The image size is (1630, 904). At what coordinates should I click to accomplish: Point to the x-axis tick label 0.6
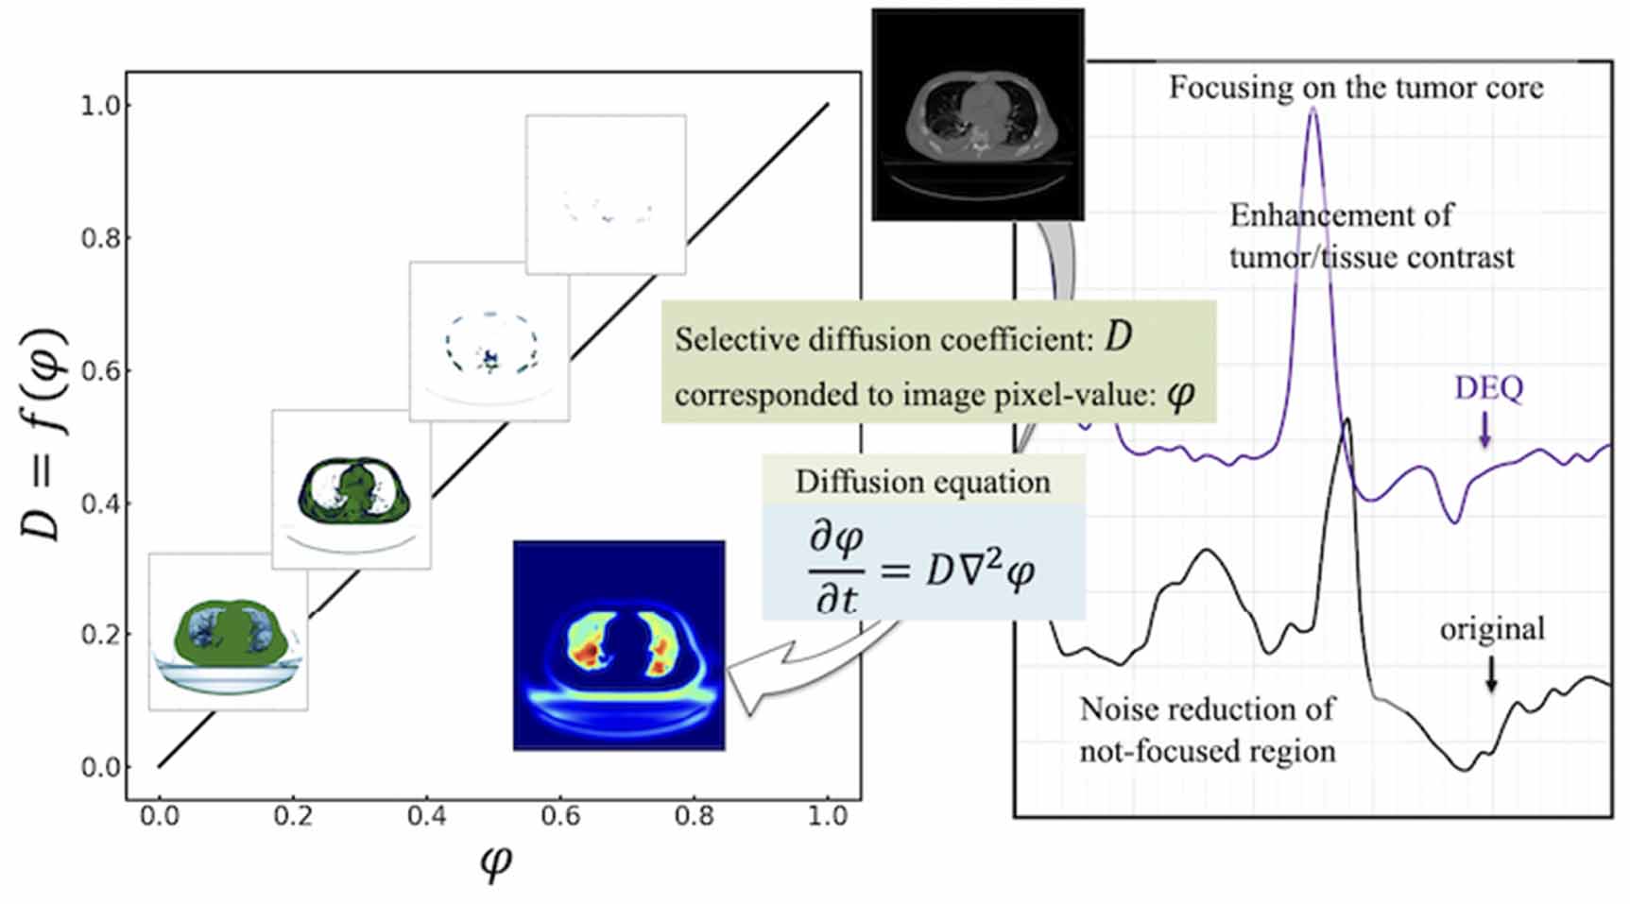[x=560, y=815]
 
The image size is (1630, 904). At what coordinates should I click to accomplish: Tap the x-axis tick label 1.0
[x=828, y=815]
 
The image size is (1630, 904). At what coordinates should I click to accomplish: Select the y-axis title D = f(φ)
[x=43, y=435]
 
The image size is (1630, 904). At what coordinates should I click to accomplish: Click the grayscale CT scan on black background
[x=977, y=115]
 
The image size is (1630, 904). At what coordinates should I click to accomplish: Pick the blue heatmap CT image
[x=619, y=646]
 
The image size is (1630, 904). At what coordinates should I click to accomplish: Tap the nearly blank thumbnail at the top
[x=606, y=195]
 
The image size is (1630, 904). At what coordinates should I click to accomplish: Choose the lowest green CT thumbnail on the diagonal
[x=228, y=632]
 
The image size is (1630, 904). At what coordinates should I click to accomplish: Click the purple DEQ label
[x=1488, y=388]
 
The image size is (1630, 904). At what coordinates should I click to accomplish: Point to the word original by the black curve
[x=1492, y=629]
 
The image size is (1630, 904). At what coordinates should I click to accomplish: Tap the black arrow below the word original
[x=1491, y=673]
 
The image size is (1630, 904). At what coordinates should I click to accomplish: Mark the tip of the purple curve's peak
[x=1313, y=111]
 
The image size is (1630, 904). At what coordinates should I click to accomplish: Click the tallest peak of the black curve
[x=1347, y=420]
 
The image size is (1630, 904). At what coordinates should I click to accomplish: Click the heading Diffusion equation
[x=922, y=482]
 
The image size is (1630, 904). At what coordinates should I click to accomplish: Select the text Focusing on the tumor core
[x=1356, y=88]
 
